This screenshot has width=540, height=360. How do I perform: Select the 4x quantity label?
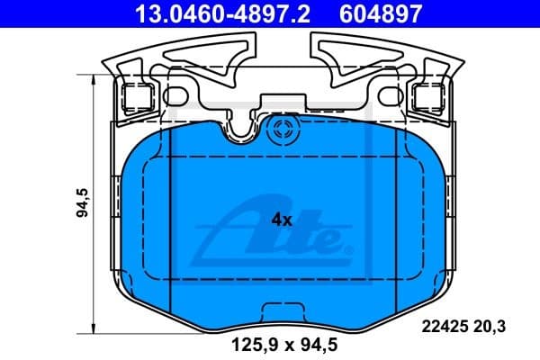(282, 219)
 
